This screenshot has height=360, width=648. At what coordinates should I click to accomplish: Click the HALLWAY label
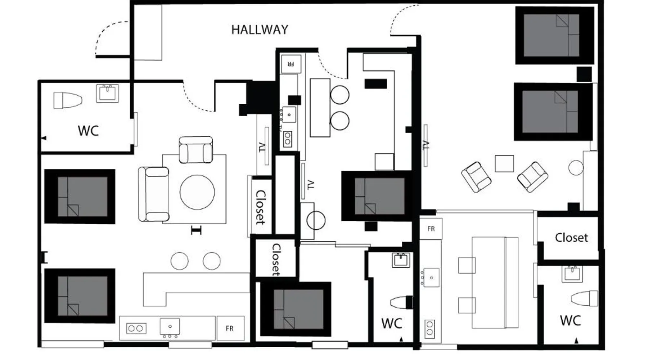[260, 30]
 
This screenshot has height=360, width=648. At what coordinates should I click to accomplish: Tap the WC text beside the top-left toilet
[88, 131]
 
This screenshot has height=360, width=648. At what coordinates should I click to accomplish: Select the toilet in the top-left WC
[68, 100]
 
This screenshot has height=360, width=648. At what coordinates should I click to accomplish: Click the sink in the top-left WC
[107, 93]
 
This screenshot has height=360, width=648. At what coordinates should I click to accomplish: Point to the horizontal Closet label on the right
[571, 238]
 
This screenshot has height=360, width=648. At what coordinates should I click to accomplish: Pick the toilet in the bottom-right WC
[584, 298]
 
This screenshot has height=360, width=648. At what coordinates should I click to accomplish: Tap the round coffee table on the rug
[197, 192]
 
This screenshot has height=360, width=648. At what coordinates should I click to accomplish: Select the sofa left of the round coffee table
[154, 194]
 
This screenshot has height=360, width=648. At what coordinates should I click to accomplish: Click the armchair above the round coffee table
[195, 150]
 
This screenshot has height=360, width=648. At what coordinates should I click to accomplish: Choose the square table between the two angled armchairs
[504, 163]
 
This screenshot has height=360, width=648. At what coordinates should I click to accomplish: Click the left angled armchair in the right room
[476, 177]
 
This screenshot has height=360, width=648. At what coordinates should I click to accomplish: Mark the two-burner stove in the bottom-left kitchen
[136, 328]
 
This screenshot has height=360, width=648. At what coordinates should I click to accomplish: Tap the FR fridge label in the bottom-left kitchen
[229, 328]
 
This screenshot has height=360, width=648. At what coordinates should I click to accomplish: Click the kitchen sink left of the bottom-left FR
[170, 327]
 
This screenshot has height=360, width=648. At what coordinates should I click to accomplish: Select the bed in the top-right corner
[554, 35]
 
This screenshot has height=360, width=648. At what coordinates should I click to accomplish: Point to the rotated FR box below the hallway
[291, 64]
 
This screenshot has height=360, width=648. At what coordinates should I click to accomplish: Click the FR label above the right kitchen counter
[431, 229]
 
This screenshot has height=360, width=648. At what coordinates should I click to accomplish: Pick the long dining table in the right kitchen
[495, 283]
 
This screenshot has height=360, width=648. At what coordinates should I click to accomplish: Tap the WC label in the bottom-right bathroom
[570, 320]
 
